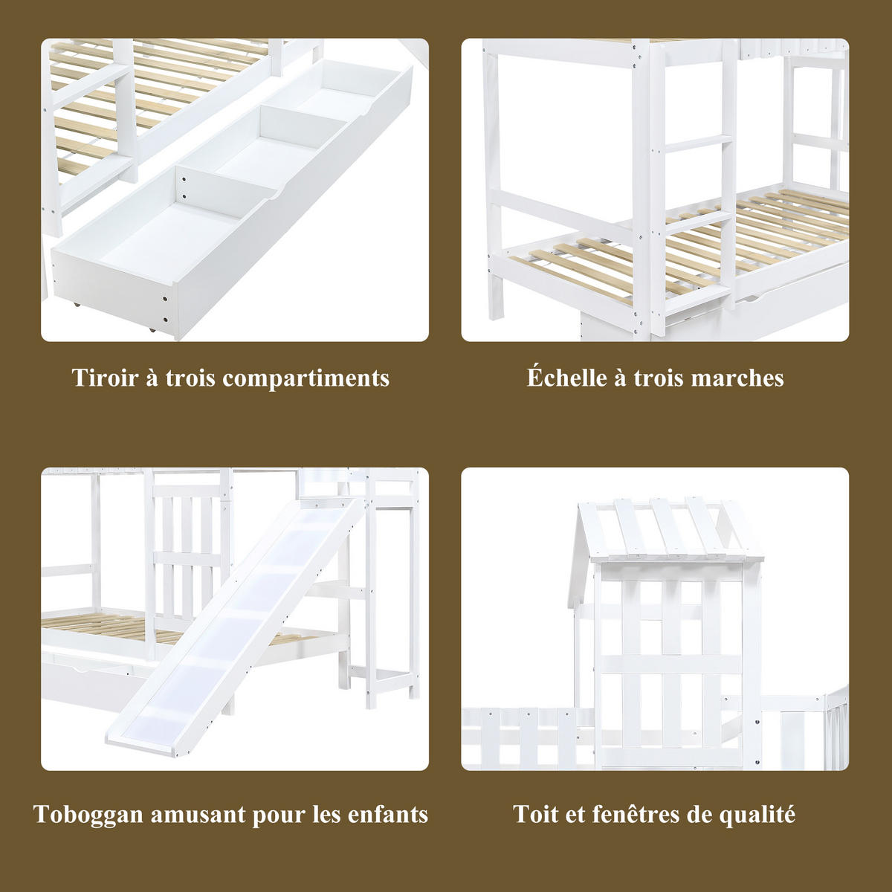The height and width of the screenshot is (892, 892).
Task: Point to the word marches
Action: [737, 378]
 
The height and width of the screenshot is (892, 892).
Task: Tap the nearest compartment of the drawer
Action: [171, 236]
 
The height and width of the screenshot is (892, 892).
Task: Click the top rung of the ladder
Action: [695, 142]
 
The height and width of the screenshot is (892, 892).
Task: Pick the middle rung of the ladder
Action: [695, 225]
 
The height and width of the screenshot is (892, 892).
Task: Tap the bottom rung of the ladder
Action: [694, 297]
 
